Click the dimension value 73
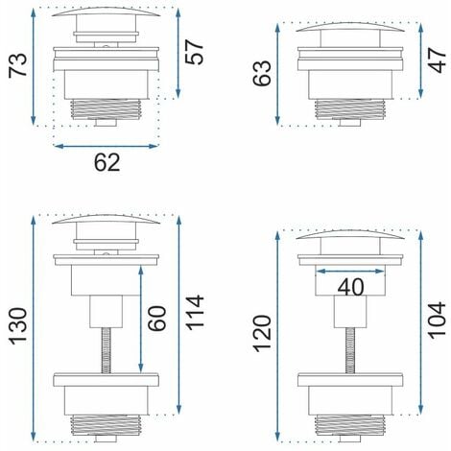(17, 65)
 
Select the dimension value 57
(195, 52)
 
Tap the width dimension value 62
(107, 162)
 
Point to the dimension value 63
(262, 73)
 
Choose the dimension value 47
(437, 60)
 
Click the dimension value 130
(17, 326)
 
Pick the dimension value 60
(157, 318)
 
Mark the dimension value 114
(195, 312)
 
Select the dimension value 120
(262, 333)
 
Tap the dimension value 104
(437, 320)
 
